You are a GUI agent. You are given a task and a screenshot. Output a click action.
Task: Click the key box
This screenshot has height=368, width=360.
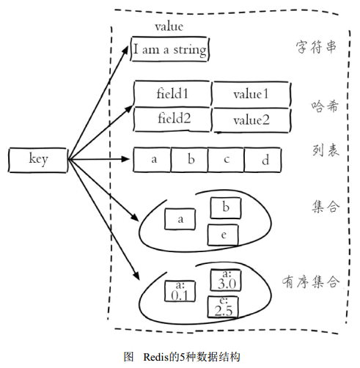pyautogui.click(x=38, y=158)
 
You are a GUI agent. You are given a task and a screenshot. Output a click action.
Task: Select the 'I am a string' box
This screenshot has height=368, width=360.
pyautogui.click(x=169, y=50)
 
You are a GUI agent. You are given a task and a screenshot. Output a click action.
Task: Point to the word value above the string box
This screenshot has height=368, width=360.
pyautogui.click(x=169, y=26)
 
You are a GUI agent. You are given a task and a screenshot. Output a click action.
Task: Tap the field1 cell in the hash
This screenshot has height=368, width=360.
pyautogui.click(x=172, y=94)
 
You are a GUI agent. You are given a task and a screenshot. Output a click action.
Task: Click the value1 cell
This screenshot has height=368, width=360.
pyautogui.click(x=251, y=94)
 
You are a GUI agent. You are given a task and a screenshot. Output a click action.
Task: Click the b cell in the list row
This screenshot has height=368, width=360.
pyautogui.click(x=189, y=159)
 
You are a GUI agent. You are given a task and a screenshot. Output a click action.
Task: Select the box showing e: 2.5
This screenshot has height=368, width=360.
pyautogui.click(x=224, y=307)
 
